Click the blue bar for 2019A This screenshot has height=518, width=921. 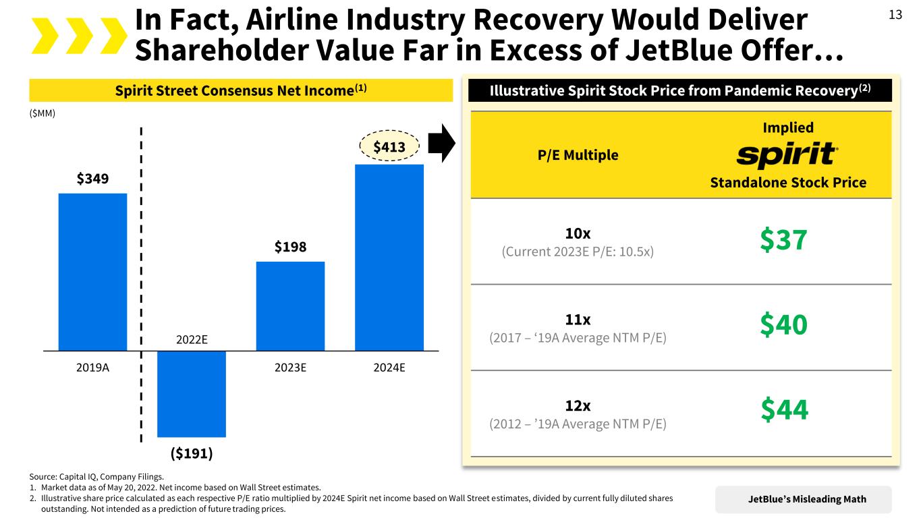click(x=92, y=271)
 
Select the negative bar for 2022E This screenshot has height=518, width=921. click(x=191, y=394)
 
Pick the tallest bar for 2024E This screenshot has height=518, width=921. click(x=389, y=257)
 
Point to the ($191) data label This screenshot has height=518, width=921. click(x=191, y=453)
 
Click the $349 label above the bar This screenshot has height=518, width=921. click(x=92, y=179)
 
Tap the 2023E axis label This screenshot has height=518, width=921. click(x=290, y=368)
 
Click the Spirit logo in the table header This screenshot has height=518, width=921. click(x=787, y=155)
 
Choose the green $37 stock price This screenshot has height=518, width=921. click(x=783, y=241)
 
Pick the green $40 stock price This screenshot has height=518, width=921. click(x=784, y=325)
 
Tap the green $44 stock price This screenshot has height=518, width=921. click(x=784, y=409)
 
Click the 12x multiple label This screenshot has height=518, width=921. click(x=578, y=406)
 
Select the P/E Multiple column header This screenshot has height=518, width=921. click(x=578, y=155)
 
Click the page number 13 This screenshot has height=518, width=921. click(x=895, y=16)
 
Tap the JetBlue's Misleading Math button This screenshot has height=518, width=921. click(x=807, y=499)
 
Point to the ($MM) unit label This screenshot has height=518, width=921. click(x=43, y=113)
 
